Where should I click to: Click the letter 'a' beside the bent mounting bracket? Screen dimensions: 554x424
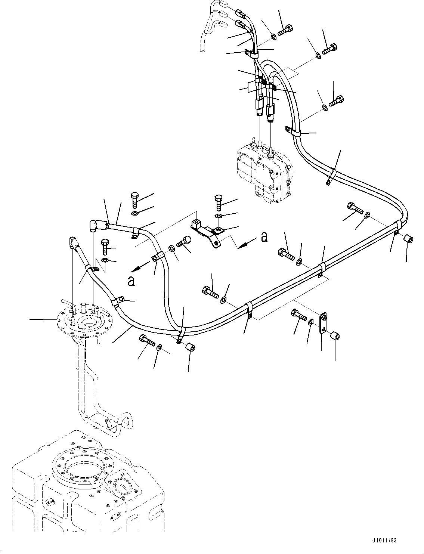[x=264, y=237]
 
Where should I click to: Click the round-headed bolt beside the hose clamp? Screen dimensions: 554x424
[x=184, y=242]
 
